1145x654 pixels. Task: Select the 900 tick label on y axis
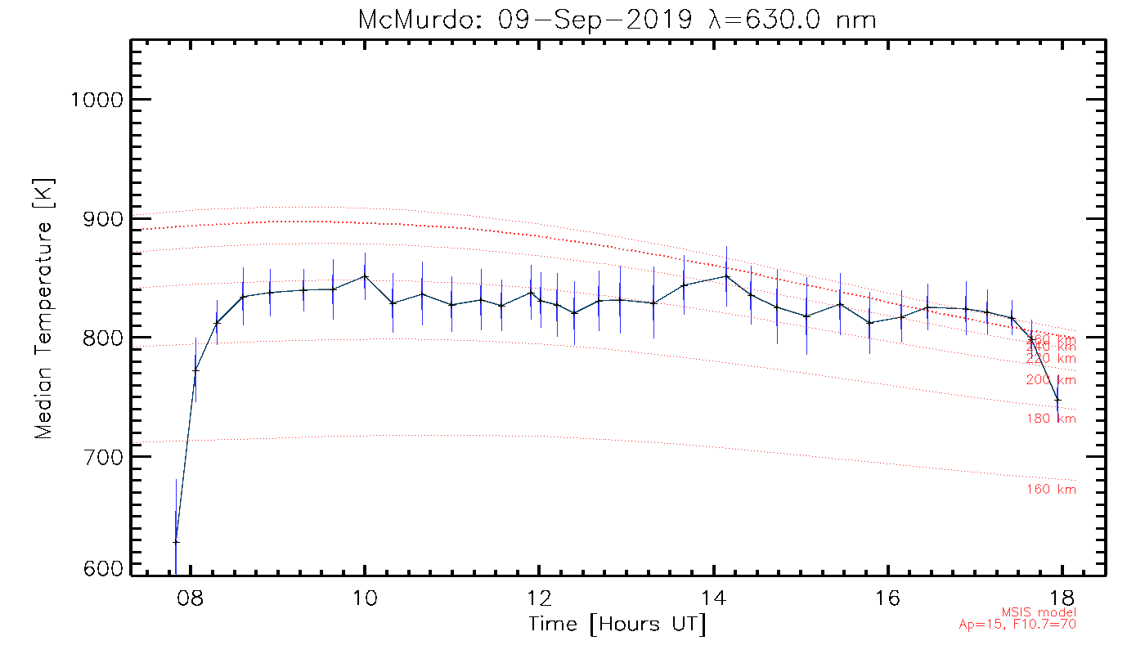coord(97,219)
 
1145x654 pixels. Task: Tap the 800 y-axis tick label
coord(97,338)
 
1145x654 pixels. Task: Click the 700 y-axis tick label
coord(97,456)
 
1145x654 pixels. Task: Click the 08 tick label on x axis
coord(190,596)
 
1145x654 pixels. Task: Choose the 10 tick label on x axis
coord(365,596)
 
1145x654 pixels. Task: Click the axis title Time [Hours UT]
coord(617,625)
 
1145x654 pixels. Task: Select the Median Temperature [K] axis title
coord(44,308)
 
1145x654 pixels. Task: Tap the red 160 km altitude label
coord(1051,490)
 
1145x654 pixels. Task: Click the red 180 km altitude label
coord(1051,419)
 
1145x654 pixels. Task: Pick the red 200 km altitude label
coord(1051,380)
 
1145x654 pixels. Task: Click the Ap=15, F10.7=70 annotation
coord(1017,625)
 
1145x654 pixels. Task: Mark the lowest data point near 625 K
coord(176,541)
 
